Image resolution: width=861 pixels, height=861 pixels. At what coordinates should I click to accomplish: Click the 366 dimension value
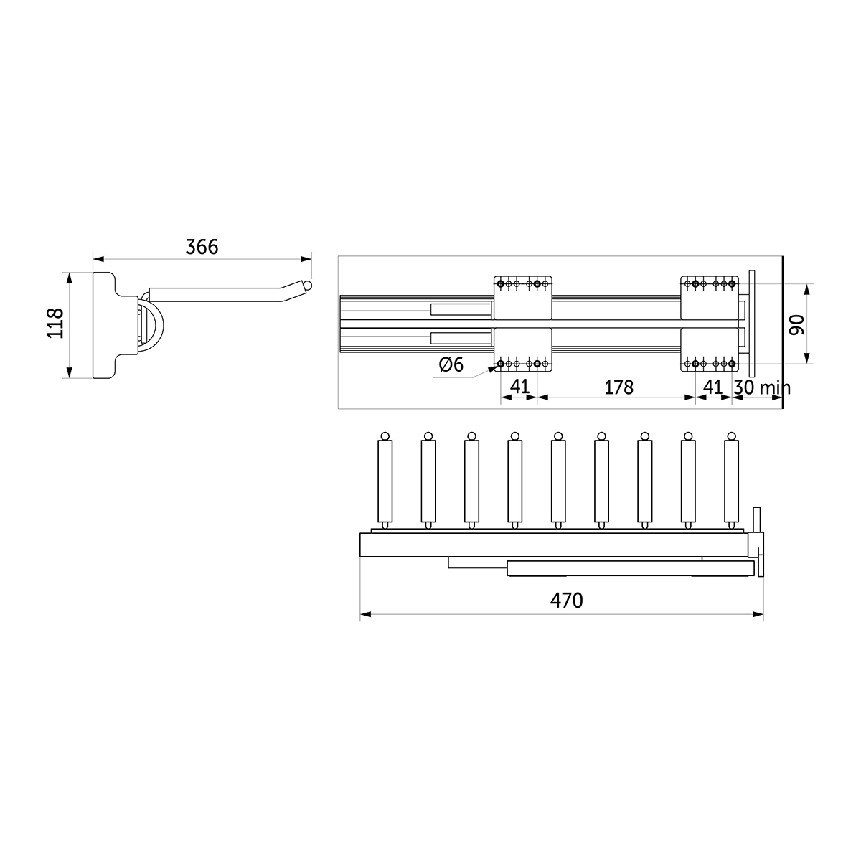[202, 247]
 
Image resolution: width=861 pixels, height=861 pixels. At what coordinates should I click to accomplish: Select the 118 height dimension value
[56, 324]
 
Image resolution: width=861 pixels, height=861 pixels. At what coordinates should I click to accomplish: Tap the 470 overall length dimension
[567, 601]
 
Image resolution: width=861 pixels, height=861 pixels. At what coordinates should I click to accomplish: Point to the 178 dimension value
[618, 387]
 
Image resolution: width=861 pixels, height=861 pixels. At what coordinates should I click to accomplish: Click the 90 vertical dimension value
[796, 325]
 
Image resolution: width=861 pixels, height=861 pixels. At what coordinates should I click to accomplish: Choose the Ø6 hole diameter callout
[451, 364]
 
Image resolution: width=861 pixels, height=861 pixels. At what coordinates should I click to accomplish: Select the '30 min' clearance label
[762, 387]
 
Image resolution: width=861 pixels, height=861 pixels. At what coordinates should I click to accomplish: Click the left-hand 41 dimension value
[519, 387]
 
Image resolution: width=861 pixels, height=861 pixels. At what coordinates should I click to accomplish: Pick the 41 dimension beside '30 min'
[713, 387]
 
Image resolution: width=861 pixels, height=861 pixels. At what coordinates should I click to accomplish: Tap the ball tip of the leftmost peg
[385, 436]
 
